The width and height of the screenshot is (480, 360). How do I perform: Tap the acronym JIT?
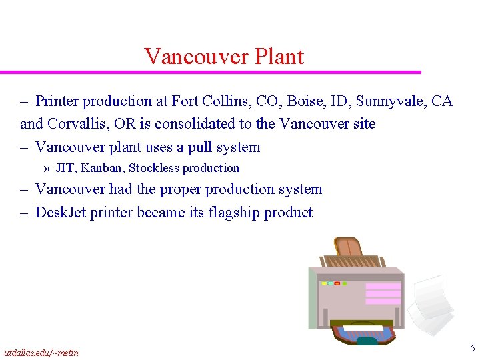pos(65,168)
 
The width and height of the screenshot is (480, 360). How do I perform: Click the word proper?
pos(181,189)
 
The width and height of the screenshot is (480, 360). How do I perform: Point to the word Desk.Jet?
pos(61,213)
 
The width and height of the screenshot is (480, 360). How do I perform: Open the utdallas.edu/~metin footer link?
pos(41,353)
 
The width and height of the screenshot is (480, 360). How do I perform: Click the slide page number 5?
pos(472,348)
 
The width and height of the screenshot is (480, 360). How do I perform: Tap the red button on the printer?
pos(337,283)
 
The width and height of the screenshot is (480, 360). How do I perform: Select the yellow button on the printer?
pos(325,283)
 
